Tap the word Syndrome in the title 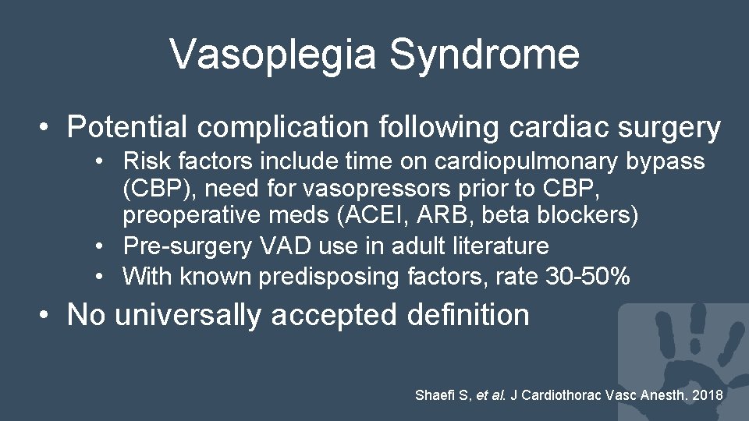pos(484,55)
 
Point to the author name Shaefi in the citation pos(435,395)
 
